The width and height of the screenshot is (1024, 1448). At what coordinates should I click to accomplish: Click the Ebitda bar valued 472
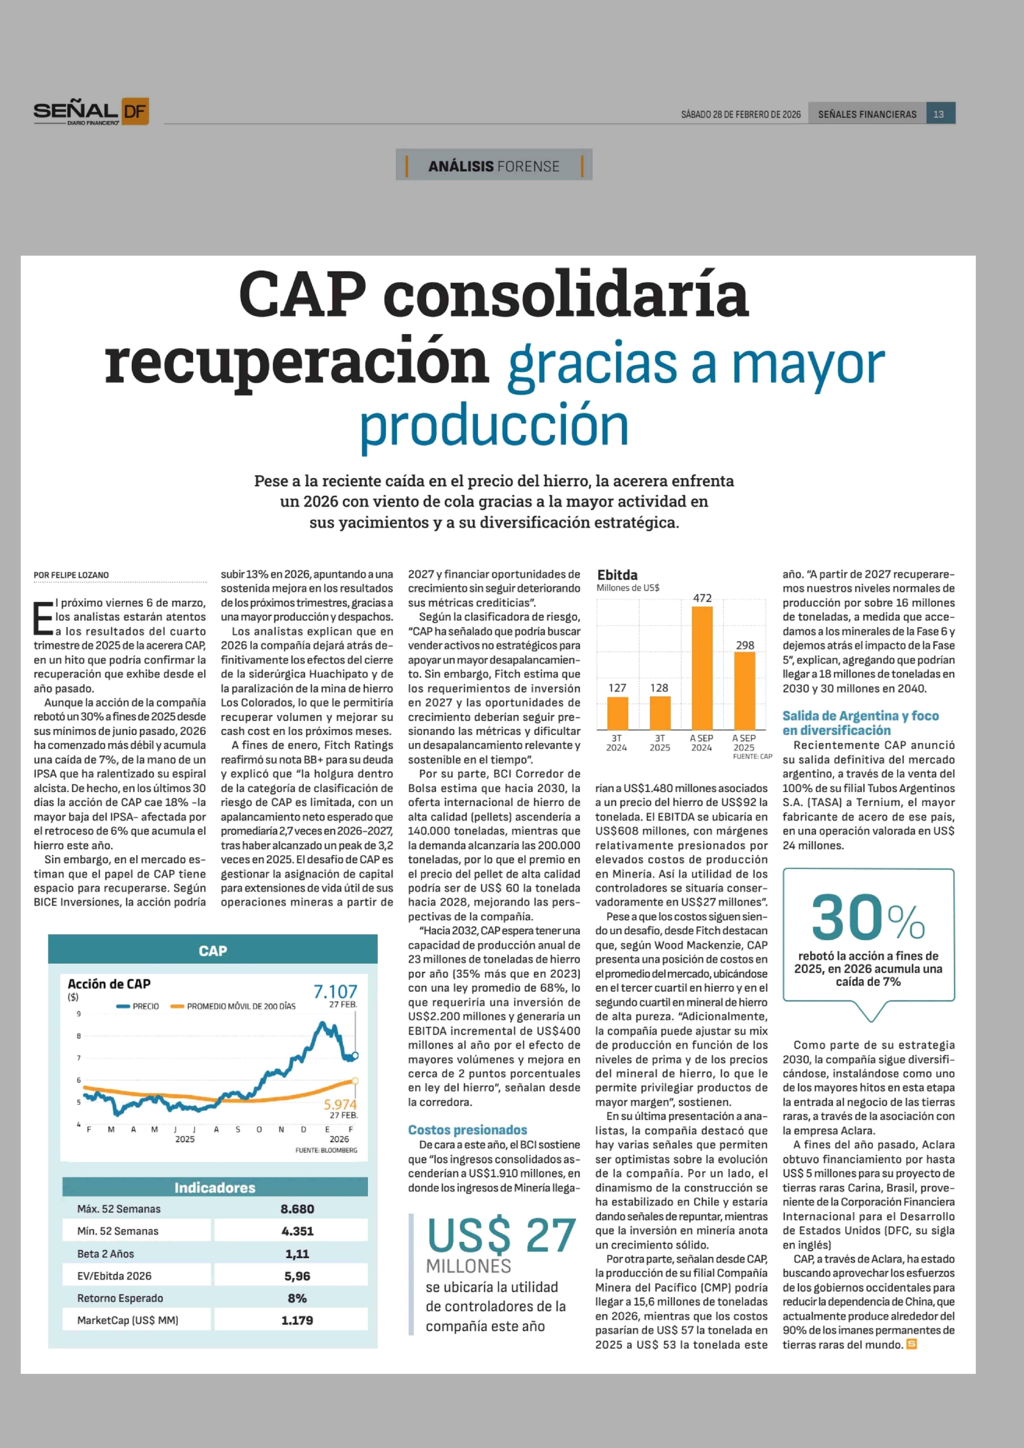click(702, 667)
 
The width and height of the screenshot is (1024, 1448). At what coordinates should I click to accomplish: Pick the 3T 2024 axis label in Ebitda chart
click(617, 742)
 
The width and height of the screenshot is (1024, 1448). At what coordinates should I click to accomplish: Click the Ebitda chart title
click(617, 575)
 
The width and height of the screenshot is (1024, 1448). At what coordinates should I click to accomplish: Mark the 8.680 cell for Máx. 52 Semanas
click(297, 1208)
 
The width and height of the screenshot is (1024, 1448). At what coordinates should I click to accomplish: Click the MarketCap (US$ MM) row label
click(128, 1320)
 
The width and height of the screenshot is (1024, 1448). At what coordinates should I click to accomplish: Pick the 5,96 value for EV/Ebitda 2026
click(297, 1276)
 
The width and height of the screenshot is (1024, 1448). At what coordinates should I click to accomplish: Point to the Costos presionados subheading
click(468, 1130)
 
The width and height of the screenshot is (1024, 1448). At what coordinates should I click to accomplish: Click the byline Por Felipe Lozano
click(71, 575)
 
